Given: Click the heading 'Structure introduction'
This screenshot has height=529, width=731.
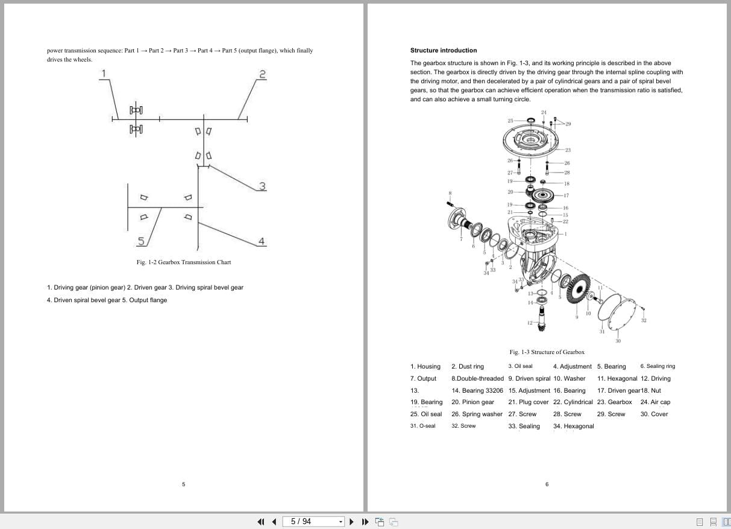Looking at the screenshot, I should click(443, 51).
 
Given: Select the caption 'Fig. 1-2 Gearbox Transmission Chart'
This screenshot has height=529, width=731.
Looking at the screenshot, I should click(184, 262).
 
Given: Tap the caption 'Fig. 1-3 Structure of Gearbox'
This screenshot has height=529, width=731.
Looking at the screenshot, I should click(547, 352).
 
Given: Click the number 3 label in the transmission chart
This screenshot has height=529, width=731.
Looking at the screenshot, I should click(262, 186).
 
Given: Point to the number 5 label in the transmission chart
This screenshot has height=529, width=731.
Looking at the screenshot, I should click(140, 241).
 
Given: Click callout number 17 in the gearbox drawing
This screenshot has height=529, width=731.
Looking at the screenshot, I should click(566, 195).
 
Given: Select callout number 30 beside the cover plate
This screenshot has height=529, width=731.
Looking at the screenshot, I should click(618, 341).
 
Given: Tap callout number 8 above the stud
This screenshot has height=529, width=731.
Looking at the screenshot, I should click(450, 193).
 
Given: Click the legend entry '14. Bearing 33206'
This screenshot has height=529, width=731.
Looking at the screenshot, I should click(477, 391).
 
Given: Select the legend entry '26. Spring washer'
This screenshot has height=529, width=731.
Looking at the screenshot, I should click(477, 414).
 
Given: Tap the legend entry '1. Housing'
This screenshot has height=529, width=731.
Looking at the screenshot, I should click(425, 367).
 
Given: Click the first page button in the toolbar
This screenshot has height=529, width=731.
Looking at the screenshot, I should click(261, 522).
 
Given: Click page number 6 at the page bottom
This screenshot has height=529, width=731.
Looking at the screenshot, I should click(547, 484).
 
